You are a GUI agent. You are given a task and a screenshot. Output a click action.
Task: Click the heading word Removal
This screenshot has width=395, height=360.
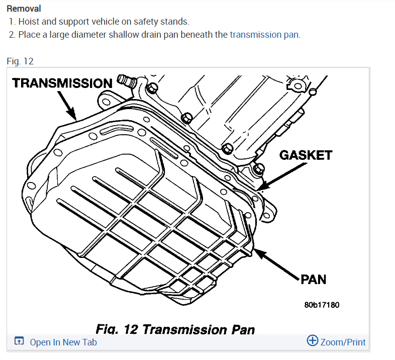pyautogui.click(x=24, y=9)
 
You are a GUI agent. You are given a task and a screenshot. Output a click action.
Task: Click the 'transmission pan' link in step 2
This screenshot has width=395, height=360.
pyautogui.click(x=264, y=35)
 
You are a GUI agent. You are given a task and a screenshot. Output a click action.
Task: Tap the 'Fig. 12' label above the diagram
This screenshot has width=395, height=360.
pyautogui.click(x=20, y=61)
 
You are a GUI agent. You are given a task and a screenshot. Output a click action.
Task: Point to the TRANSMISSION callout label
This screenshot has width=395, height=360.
pyautogui.click(x=62, y=83)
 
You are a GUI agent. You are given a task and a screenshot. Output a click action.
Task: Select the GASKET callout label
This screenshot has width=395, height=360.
pyautogui.click(x=306, y=155)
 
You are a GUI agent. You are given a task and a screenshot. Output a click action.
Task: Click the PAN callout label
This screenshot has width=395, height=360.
pyautogui.click(x=314, y=280)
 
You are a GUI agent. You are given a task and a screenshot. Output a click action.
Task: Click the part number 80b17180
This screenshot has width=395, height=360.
pyautogui.click(x=322, y=305)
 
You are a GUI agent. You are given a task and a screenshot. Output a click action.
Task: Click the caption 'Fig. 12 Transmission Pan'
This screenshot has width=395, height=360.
pyautogui.click(x=175, y=329)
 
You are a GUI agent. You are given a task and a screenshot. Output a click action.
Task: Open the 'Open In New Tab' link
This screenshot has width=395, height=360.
pyautogui.click(x=63, y=342)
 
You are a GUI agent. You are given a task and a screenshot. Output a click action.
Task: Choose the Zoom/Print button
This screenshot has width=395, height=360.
pyautogui.click(x=343, y=342)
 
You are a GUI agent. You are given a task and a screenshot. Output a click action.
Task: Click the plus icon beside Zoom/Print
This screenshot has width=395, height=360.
pyautogui.click(x=313, y=341)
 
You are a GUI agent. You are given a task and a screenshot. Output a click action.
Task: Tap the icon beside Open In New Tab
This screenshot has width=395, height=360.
pyautogui.click(x=19, y=342)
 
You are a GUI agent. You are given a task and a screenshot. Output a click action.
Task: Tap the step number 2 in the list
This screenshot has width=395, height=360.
pyautogui.click(x=12, y=35)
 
